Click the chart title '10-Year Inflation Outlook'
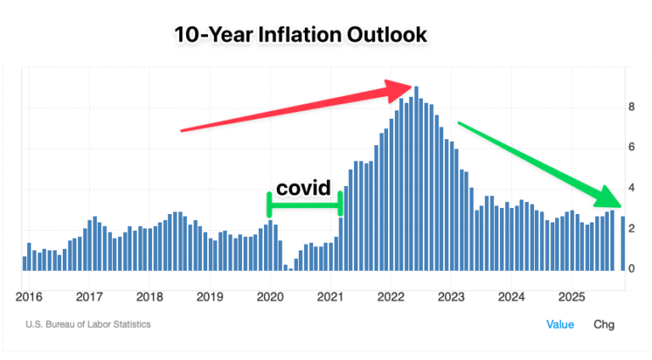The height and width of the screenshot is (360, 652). [301, 35]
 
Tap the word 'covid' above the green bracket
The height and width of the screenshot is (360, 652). [303, 188]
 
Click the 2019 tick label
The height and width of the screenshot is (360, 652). [210, 296]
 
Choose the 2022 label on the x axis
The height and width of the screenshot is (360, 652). [391, 296]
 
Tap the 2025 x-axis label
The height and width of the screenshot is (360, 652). [571, 296]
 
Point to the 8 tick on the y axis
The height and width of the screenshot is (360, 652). [632, 107]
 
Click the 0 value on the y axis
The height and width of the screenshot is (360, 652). [632, 268]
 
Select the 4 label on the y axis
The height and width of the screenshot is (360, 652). [632, 188]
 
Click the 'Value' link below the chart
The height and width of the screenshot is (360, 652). [559, 324]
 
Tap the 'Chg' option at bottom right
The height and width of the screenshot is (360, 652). [604, 324]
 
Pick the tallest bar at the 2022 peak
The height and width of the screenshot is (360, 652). [416, 178]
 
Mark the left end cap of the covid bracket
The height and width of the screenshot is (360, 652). [269, 205]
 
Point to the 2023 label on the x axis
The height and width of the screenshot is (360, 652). [451, 296]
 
